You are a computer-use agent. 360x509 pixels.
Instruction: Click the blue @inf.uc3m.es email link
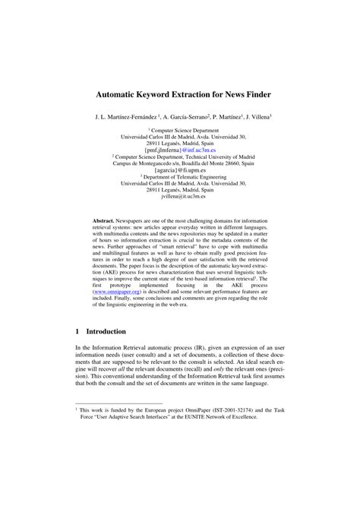click(x=198, y=150)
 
